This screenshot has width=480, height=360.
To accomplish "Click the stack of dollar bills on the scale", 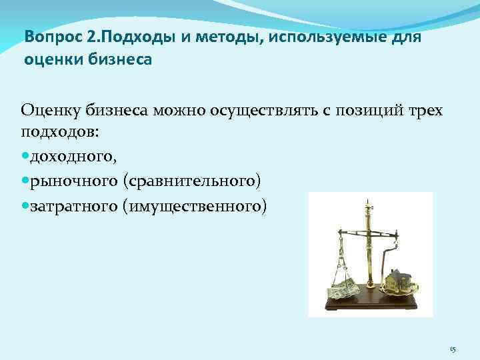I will click(343, 290).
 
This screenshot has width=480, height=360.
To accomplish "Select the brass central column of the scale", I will click(367, 253).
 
